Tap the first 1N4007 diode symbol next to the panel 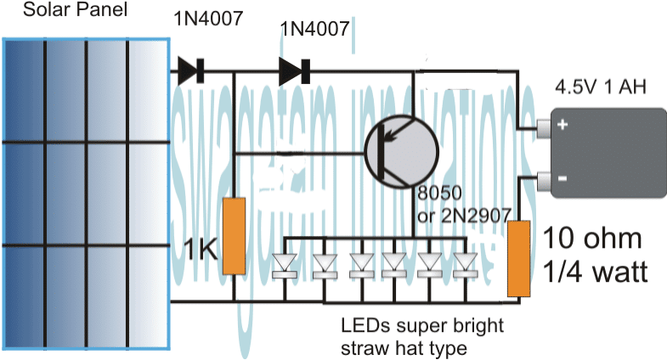pyautogui.click(x=190, y=72)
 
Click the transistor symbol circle pyautogui.click(x=400, y=153)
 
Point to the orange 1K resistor pyautogui.click(x=234, y=236)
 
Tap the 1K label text pyautogui.click(x=202, y=249)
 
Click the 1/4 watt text pyautogui.click(x=595, y=273)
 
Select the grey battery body pyautogui.click(x=604, y=154)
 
